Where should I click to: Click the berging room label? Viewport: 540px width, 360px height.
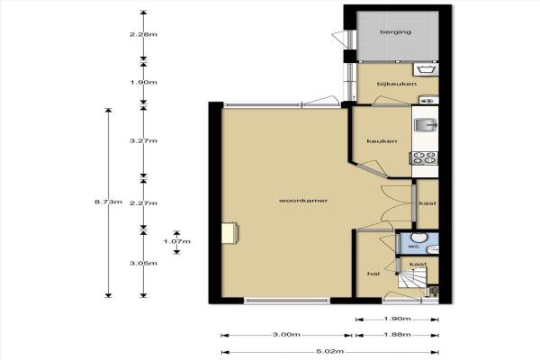coord(395,32)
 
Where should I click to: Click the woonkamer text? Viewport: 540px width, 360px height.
coord(303,201)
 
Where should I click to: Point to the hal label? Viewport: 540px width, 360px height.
coord(373,274)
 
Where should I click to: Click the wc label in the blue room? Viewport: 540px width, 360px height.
coord(412,247)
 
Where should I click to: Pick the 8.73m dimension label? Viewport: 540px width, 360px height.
coord(108,202)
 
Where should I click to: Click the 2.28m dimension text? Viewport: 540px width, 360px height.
coord(143,34)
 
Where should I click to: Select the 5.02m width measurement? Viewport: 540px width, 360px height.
coord(329,352)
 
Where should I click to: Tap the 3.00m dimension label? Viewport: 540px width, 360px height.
coord(286,335)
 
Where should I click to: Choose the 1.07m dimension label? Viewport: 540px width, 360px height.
coord(176,241)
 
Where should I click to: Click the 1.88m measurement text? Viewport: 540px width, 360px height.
coord(397,335)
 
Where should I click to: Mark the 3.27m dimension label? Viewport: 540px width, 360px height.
coord(143,140)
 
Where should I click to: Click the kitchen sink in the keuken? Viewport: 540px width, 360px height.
coord(426,125)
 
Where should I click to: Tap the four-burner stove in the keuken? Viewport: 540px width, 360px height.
coord(425,158)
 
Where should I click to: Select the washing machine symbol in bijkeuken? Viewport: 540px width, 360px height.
coord(426,69)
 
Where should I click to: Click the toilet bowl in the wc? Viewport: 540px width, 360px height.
coord(418,237)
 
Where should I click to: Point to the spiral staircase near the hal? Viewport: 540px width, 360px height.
coord(412,279)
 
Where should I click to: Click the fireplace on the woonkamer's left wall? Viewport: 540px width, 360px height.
coord(230,233)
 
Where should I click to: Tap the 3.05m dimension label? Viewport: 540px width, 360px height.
coord(143,263)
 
